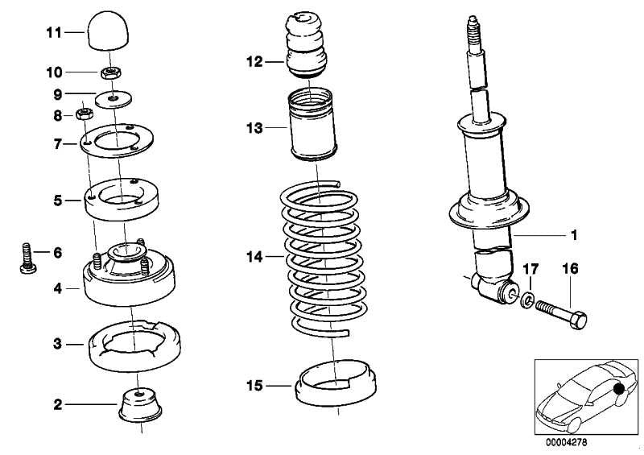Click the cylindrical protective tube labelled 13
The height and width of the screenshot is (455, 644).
(312, 128)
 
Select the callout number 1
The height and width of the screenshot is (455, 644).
(574, 236)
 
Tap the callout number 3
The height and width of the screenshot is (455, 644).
(57, 345)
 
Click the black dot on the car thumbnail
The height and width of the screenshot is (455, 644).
(619, 391)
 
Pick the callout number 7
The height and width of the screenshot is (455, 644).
(57, 145)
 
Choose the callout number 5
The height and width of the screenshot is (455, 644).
(57, 199)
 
